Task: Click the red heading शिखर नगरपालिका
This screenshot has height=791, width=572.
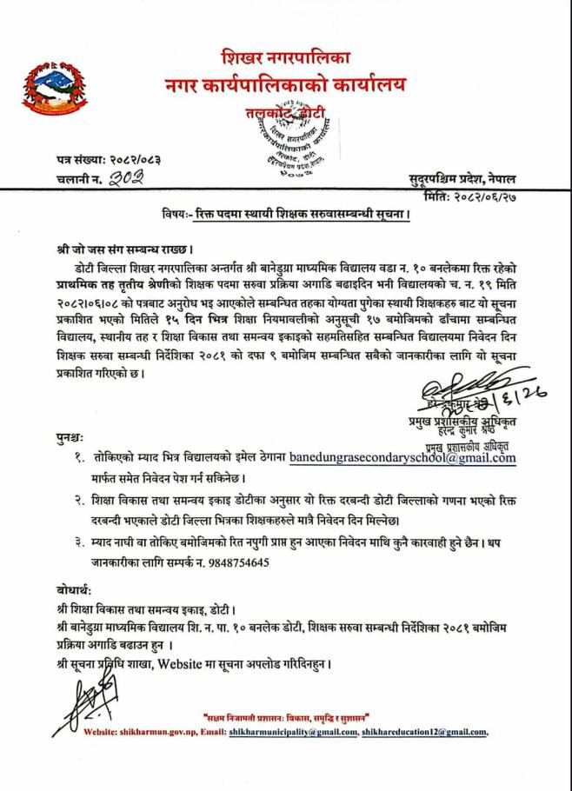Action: click(x=284, y=60)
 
